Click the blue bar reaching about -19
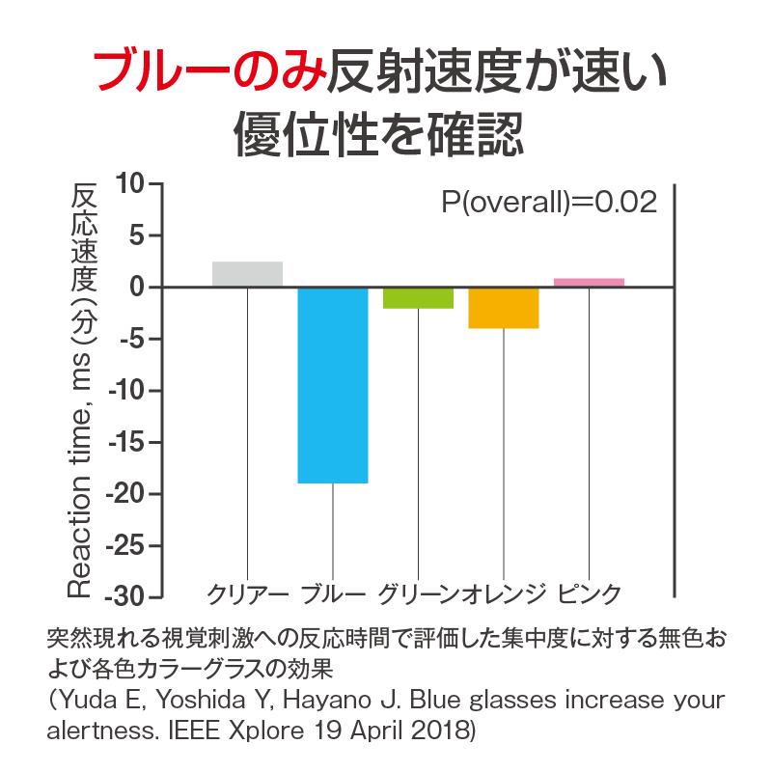coord(333,385)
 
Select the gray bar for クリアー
coord(248,274)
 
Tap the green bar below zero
coord(419,298)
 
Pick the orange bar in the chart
coord(504,308)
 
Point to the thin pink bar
coord(589,282)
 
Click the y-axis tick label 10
coord(130,183)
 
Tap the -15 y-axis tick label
coord(125,443)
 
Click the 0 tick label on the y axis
coord(137,287)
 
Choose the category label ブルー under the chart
coord(333,594)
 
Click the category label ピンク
coord(589,594)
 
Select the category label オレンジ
coord(504,594)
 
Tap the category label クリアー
coord(248,594)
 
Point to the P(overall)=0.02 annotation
coord(549,202)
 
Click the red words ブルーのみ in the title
coord(210,70)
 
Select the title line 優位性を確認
coord(378,133)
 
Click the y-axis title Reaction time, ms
coord(80,475)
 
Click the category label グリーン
coord(419,594)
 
